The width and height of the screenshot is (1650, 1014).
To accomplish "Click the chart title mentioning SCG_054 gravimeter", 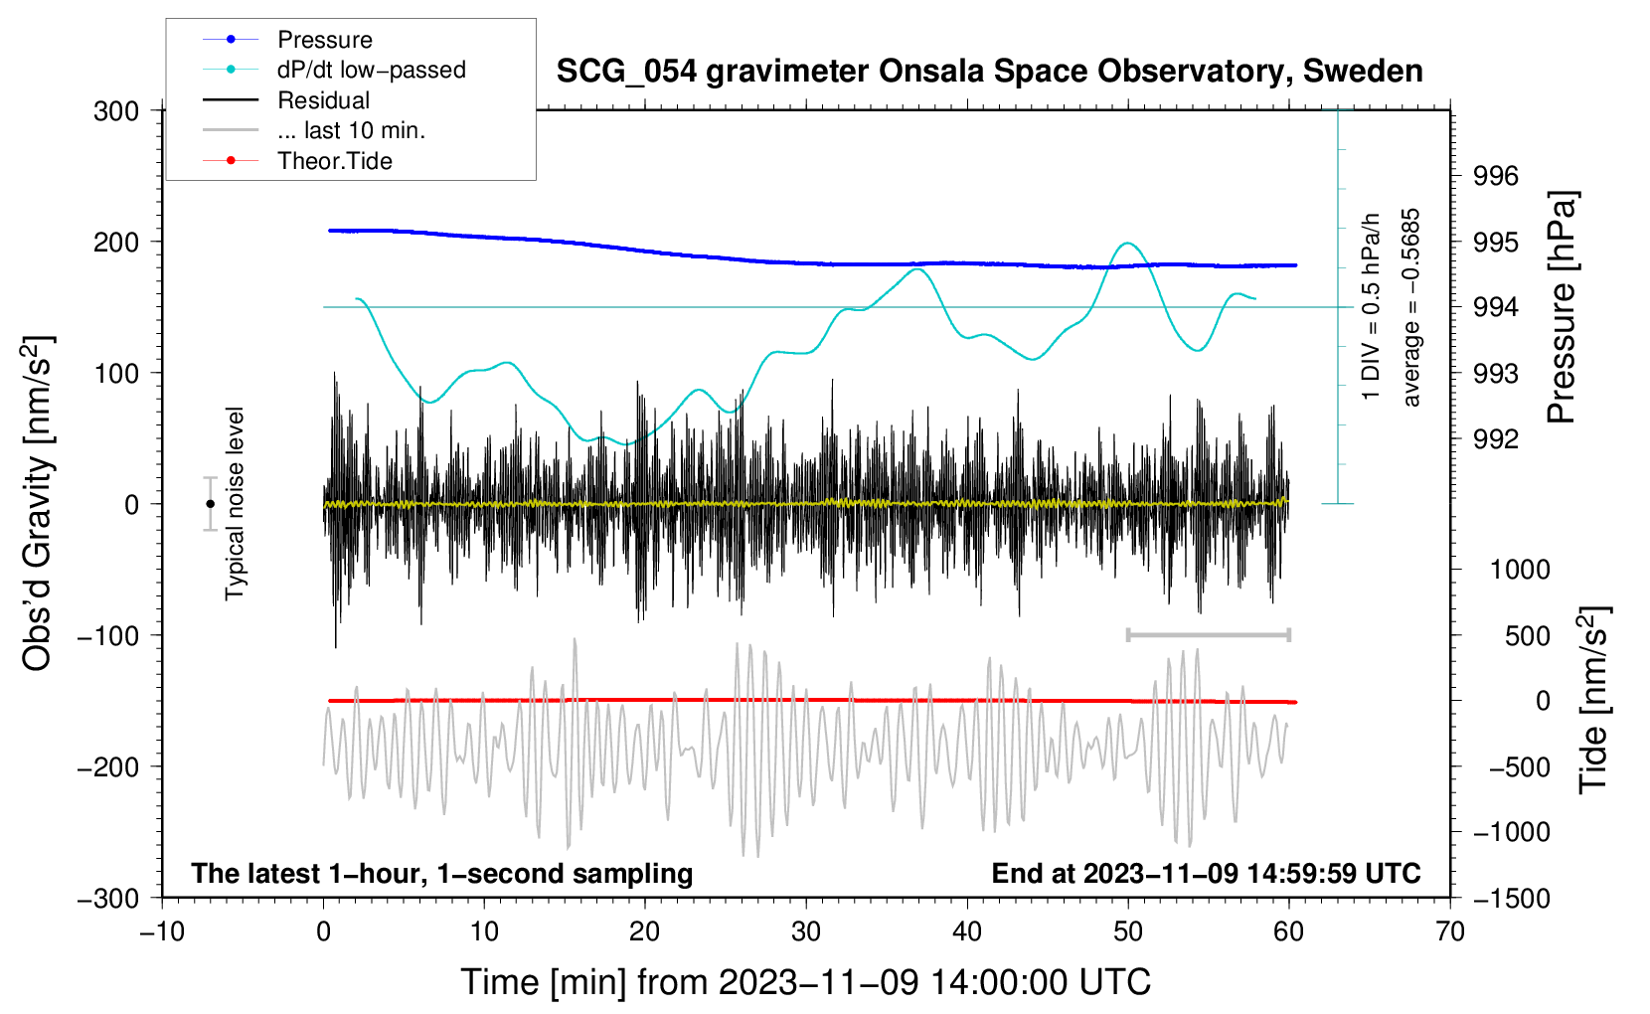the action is tap(989, 72).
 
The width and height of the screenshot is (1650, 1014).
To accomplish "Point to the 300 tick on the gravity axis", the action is tap(116, 111).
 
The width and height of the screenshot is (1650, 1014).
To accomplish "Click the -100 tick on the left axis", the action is tap(108, 635).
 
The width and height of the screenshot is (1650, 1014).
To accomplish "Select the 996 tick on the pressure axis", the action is tap(1496, 176).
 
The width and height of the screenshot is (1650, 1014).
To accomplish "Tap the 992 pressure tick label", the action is tap(1496, 439).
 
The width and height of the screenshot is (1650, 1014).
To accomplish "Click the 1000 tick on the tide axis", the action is tap(1521, 570).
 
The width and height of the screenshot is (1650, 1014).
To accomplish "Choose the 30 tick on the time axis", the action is tap(806, 932).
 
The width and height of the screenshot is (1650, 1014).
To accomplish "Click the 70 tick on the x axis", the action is tap(1449, 932).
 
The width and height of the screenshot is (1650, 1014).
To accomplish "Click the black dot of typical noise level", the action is tap(210, 504).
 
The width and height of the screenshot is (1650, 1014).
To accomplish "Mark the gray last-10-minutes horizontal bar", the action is tap(1208, 634).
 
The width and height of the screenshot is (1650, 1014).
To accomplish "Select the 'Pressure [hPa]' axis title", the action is tap(1561, 307).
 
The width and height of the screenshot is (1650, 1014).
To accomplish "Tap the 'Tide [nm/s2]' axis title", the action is tap(1594, 700).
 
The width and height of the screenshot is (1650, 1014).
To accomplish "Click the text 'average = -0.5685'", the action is tap(1410, 307).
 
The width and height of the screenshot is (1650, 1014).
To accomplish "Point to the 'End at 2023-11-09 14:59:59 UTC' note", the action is tap(1206, 873).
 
